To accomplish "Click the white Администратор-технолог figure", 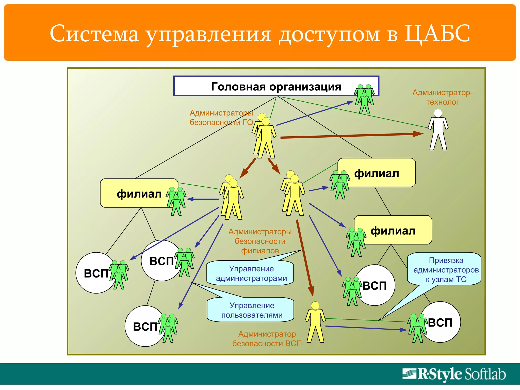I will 438,129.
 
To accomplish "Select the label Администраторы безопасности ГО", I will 221,118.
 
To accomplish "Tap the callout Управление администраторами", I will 251,273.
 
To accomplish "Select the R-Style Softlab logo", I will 454,374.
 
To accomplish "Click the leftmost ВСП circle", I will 94,273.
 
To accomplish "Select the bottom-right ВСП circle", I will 442,322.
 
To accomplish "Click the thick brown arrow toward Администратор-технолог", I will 350,136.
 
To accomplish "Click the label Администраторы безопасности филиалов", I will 260,241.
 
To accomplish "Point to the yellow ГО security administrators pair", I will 264,136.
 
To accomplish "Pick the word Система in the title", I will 94,34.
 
